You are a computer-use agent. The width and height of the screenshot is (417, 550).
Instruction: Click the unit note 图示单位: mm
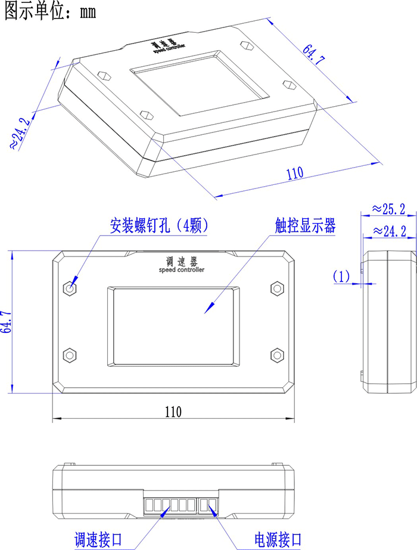point(50,11)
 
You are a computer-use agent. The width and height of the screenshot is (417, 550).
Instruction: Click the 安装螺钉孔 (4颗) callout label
point(158,225)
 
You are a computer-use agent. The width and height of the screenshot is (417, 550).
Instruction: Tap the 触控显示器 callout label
point(305,225)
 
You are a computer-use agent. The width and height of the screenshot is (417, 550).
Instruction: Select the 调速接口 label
point(98,539)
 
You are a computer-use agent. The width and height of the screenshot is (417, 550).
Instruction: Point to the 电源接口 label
point(278,539)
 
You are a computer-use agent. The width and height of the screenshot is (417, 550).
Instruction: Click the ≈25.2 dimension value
point(388,209)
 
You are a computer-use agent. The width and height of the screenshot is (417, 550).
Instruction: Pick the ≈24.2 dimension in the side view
point(390,231)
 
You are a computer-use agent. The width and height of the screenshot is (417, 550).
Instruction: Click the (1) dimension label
point(341,276)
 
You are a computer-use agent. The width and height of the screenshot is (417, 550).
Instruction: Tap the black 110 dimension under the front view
point(173,412)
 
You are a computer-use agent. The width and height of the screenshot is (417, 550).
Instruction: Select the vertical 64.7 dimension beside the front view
point(7,322)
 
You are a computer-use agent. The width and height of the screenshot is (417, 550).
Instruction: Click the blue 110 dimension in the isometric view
point(295,173)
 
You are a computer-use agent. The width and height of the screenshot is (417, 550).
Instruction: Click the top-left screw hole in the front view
point(70,288)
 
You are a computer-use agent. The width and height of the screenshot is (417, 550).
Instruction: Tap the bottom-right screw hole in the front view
point(277,355)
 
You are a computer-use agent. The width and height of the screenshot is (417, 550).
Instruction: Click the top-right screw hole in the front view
point(277,288)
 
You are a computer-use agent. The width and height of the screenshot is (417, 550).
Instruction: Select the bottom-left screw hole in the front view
point(70,355)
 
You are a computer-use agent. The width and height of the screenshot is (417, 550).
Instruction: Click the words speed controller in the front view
point(181,270)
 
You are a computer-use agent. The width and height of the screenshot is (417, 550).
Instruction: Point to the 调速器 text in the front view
point(182,261)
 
